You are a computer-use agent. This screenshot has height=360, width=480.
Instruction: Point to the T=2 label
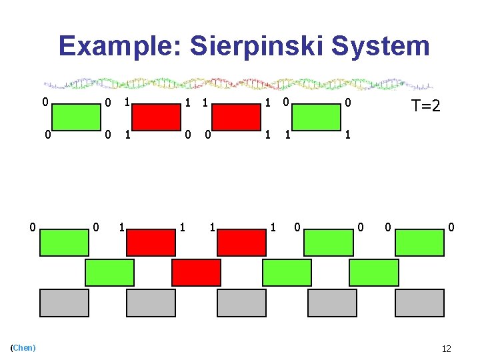pos(425,106)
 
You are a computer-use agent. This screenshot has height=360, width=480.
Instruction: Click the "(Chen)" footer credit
pos(24,348)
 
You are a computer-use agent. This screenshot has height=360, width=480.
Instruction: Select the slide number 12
pos(447,349)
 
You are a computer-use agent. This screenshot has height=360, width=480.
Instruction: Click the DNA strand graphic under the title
pos(239,85)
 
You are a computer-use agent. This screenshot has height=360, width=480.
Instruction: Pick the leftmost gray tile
pos(64,303)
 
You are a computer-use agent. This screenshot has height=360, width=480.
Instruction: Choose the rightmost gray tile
pos(419,303)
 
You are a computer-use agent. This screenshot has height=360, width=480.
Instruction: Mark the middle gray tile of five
pos(241,303)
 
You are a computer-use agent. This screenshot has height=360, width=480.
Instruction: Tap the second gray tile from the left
pos(151,303)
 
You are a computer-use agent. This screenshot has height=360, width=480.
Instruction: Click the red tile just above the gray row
pos(196,273)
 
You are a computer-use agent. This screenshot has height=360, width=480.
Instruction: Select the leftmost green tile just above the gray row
pos(109,273)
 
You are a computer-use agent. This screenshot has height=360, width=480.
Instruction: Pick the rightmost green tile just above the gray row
pos(374,273)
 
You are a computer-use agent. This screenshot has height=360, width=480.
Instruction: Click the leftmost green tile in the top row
pos(77,117)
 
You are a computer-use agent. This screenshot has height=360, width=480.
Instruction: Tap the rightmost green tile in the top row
pos(317,117)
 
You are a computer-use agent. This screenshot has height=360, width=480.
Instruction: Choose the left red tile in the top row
pos(156,117)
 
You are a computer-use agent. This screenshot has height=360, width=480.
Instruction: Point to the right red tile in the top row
pos(236,117)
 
